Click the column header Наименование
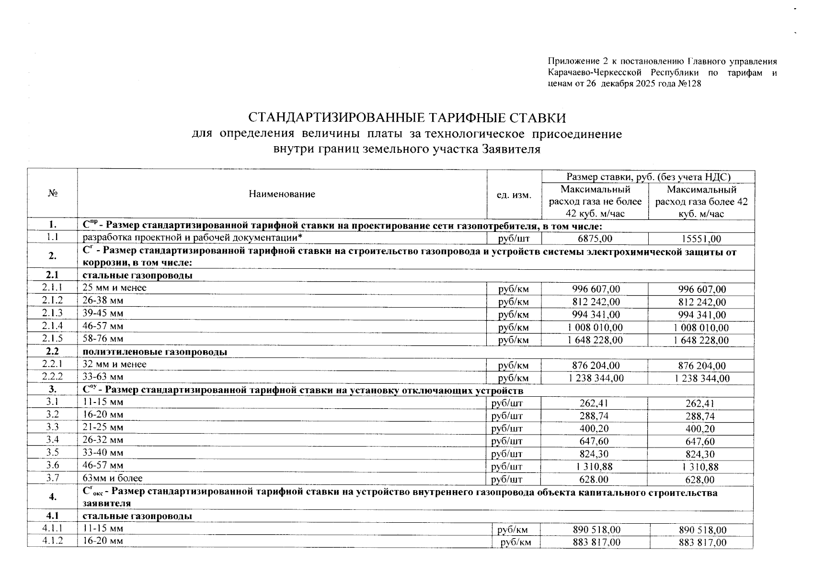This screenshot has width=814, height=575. click(282, 194)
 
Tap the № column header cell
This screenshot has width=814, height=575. click(53, 194)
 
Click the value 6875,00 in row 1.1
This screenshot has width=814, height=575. click(595, 239)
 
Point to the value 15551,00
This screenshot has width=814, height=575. click(702, 239)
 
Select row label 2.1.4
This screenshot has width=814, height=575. click(52, 326)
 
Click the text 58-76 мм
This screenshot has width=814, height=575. click(103, 339)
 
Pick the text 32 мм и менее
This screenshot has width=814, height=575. click(115, 364)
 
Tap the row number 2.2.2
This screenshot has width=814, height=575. click(52, 377)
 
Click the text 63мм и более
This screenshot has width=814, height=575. click(113, 478)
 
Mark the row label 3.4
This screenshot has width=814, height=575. click(52, 440)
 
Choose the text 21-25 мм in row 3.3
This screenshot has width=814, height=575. click(103, 427)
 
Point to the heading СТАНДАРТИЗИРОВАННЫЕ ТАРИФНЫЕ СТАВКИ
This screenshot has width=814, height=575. click(407, 118)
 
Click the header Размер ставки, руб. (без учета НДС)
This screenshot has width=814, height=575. click(648, 177)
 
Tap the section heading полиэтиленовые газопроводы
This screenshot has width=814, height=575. click(155, 352)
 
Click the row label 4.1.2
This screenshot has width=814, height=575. click(52, 541)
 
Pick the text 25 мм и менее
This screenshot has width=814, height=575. click(115, 288)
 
